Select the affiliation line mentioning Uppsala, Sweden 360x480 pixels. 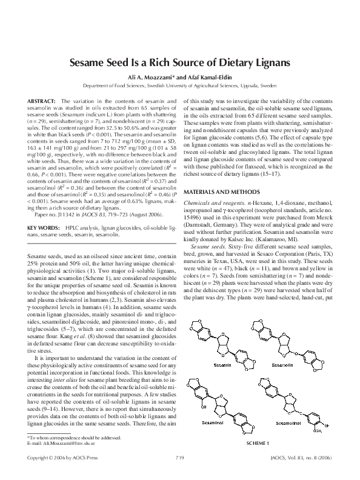coord(179,87)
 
